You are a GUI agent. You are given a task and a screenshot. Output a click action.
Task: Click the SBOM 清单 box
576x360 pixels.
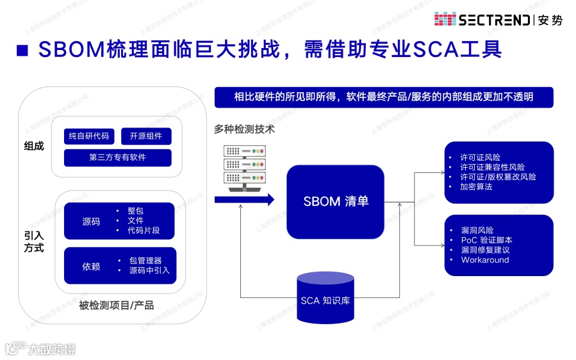point(335,201)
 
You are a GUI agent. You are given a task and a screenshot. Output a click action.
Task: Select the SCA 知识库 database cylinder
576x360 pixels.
point(325,297)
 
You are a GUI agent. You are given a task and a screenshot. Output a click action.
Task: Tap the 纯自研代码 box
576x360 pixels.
point(89,136)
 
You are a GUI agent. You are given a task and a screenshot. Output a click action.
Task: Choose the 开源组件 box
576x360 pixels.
point(146,136)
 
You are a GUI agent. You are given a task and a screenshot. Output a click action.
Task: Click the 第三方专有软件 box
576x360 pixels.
point(117,158)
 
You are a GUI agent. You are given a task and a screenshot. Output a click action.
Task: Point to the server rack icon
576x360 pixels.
point(243,167)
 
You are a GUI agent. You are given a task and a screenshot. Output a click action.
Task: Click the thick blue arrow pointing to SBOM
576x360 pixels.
point(243,200)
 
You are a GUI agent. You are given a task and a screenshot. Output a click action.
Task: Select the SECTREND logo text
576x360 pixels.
point(493,20)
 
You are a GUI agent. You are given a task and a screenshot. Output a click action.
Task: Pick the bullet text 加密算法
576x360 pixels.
point(476,186)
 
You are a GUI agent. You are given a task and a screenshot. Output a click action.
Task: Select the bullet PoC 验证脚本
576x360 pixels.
point(486,240)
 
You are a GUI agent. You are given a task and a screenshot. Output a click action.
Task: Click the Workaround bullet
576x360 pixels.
point(485,260)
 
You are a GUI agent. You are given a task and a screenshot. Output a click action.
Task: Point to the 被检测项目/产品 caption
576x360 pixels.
point(117,305)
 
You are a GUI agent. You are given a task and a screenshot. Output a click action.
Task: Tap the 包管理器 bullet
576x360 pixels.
point(145,261)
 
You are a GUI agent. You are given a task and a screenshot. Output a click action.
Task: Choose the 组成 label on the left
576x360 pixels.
point(34,146)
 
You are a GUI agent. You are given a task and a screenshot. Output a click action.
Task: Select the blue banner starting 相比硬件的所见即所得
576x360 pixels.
point(383,97)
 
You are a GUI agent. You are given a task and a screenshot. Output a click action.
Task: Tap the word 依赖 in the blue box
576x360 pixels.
point(91,266)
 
